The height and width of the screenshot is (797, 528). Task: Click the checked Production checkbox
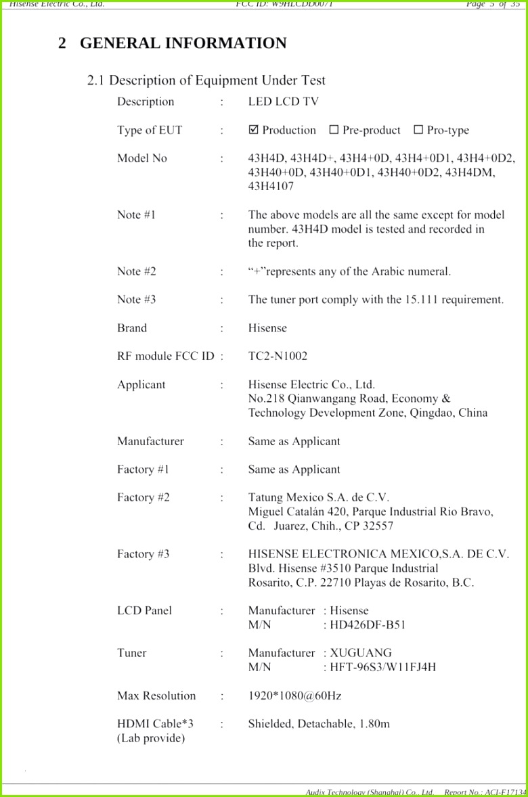[x=254, y=130]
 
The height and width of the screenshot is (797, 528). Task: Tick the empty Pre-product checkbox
[x=334, y=130]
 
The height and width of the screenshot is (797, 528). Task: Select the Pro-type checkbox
[x=418, y=130]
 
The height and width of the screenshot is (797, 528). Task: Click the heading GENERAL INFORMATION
[x=183, y=43]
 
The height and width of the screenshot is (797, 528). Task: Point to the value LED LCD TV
[x=283, y=101]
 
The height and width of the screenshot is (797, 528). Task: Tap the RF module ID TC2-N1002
[x=278, y=356]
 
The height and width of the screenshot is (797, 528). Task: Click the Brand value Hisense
[x=267, y=328]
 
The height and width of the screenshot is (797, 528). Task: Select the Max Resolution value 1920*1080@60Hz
[x=294, y=696]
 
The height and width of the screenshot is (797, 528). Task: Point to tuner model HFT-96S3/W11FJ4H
[x=383, y=667]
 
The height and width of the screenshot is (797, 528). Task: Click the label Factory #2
[x=144, y=497]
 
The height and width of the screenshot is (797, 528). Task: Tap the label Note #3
[x=137, y=299]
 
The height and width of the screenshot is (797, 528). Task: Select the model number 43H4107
[x=271, y=186]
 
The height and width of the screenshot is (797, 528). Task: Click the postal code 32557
[x=378, y=526]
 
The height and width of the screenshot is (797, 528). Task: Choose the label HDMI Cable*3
[x=155, y=724]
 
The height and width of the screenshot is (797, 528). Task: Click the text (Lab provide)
[x=151, y=738]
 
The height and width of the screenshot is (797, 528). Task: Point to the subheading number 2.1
[x=95, y=81]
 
